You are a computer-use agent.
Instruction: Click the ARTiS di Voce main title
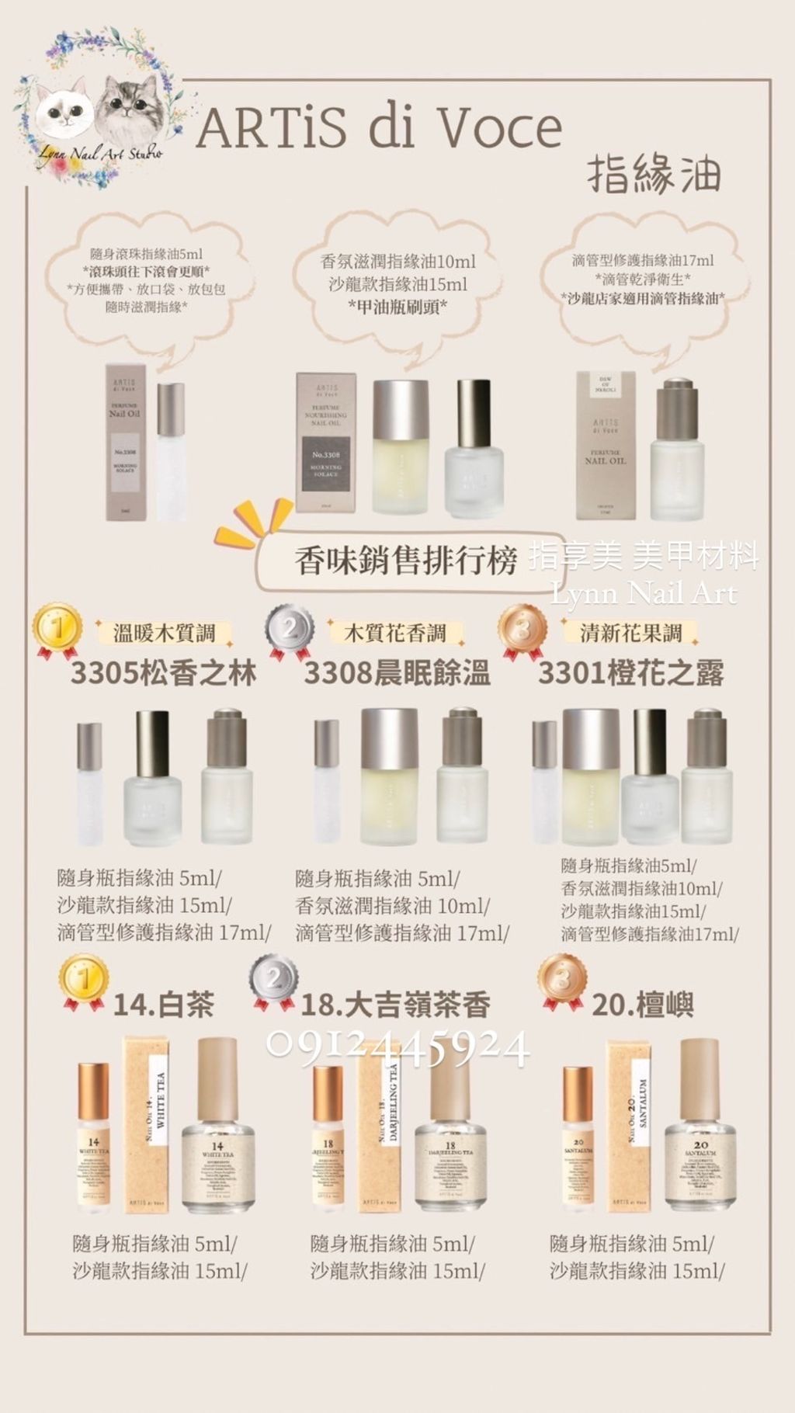point(379,128)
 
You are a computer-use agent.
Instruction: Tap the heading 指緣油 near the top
point(654,173)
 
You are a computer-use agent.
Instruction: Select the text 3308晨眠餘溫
point(397,673)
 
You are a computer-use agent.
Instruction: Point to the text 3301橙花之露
point(630,673)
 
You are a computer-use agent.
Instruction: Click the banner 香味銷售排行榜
point(405,561)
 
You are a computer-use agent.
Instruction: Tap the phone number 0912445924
point(397,1048)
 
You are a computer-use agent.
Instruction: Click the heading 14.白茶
point(163,1005)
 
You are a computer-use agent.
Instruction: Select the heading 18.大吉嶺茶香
point(395,1005)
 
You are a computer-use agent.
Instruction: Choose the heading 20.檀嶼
point(642,1005)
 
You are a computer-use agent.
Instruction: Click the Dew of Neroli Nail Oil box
point(605,445)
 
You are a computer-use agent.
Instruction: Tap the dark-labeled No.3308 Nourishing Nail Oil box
point(326,443)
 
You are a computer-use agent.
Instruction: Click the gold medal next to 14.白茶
point(83,982)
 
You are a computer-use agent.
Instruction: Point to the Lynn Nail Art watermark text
point(643,595)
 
